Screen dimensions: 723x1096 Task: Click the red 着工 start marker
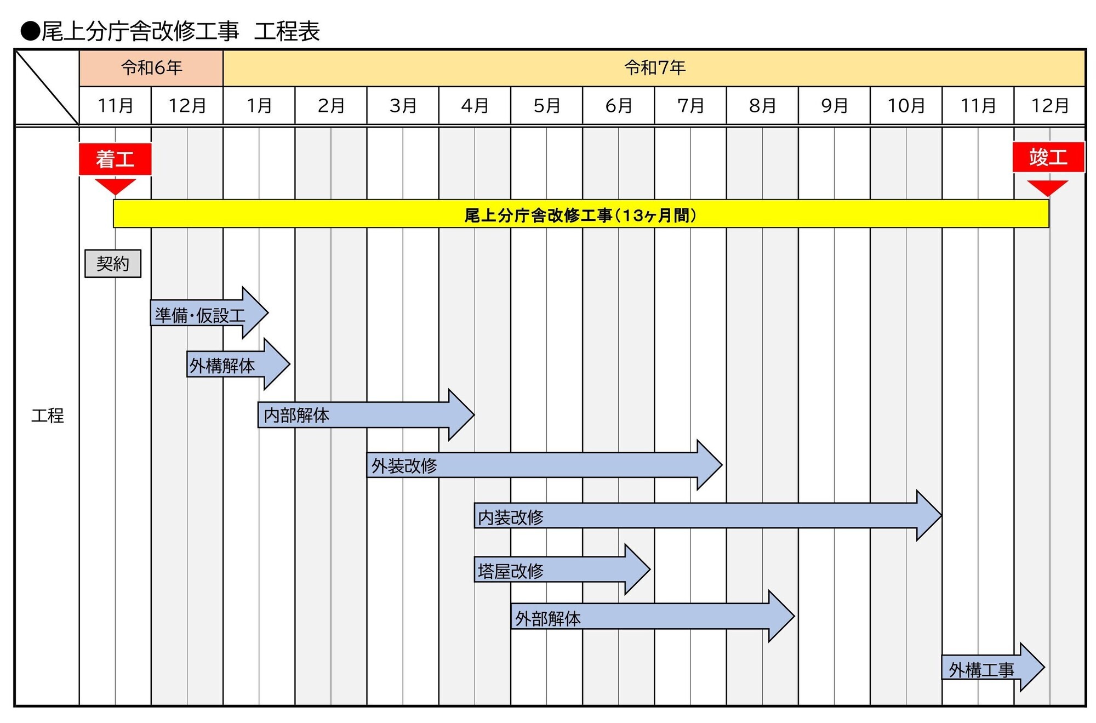click(x=115, y=159)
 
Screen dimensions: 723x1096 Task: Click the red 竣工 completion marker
click(x=1048, y=157)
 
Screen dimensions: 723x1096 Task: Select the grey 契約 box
click(x=113, y=264)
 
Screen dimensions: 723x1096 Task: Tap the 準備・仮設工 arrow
click(x=203, y=314)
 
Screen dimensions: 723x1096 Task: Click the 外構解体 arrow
click(x=230, y=365)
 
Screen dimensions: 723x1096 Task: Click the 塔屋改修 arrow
click(x=553, y=570)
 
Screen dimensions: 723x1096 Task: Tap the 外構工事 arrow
click(x=986, y=668)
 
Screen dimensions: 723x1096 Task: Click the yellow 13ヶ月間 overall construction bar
click(x=581, y=214)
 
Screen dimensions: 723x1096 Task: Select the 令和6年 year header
click(x=151, y=68)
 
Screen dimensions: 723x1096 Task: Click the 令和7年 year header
click(x=654, y=68)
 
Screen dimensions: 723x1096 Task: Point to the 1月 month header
click(x=259, y=105)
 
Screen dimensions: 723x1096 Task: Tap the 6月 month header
click(x=619, y=105)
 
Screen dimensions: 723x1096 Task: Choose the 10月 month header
click(x=906, y=105)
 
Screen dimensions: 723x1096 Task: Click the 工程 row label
click(x=47, y=415)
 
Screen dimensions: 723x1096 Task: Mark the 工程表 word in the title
click(x=287, y=31)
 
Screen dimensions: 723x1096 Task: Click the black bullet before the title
click(x=31, y=31)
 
